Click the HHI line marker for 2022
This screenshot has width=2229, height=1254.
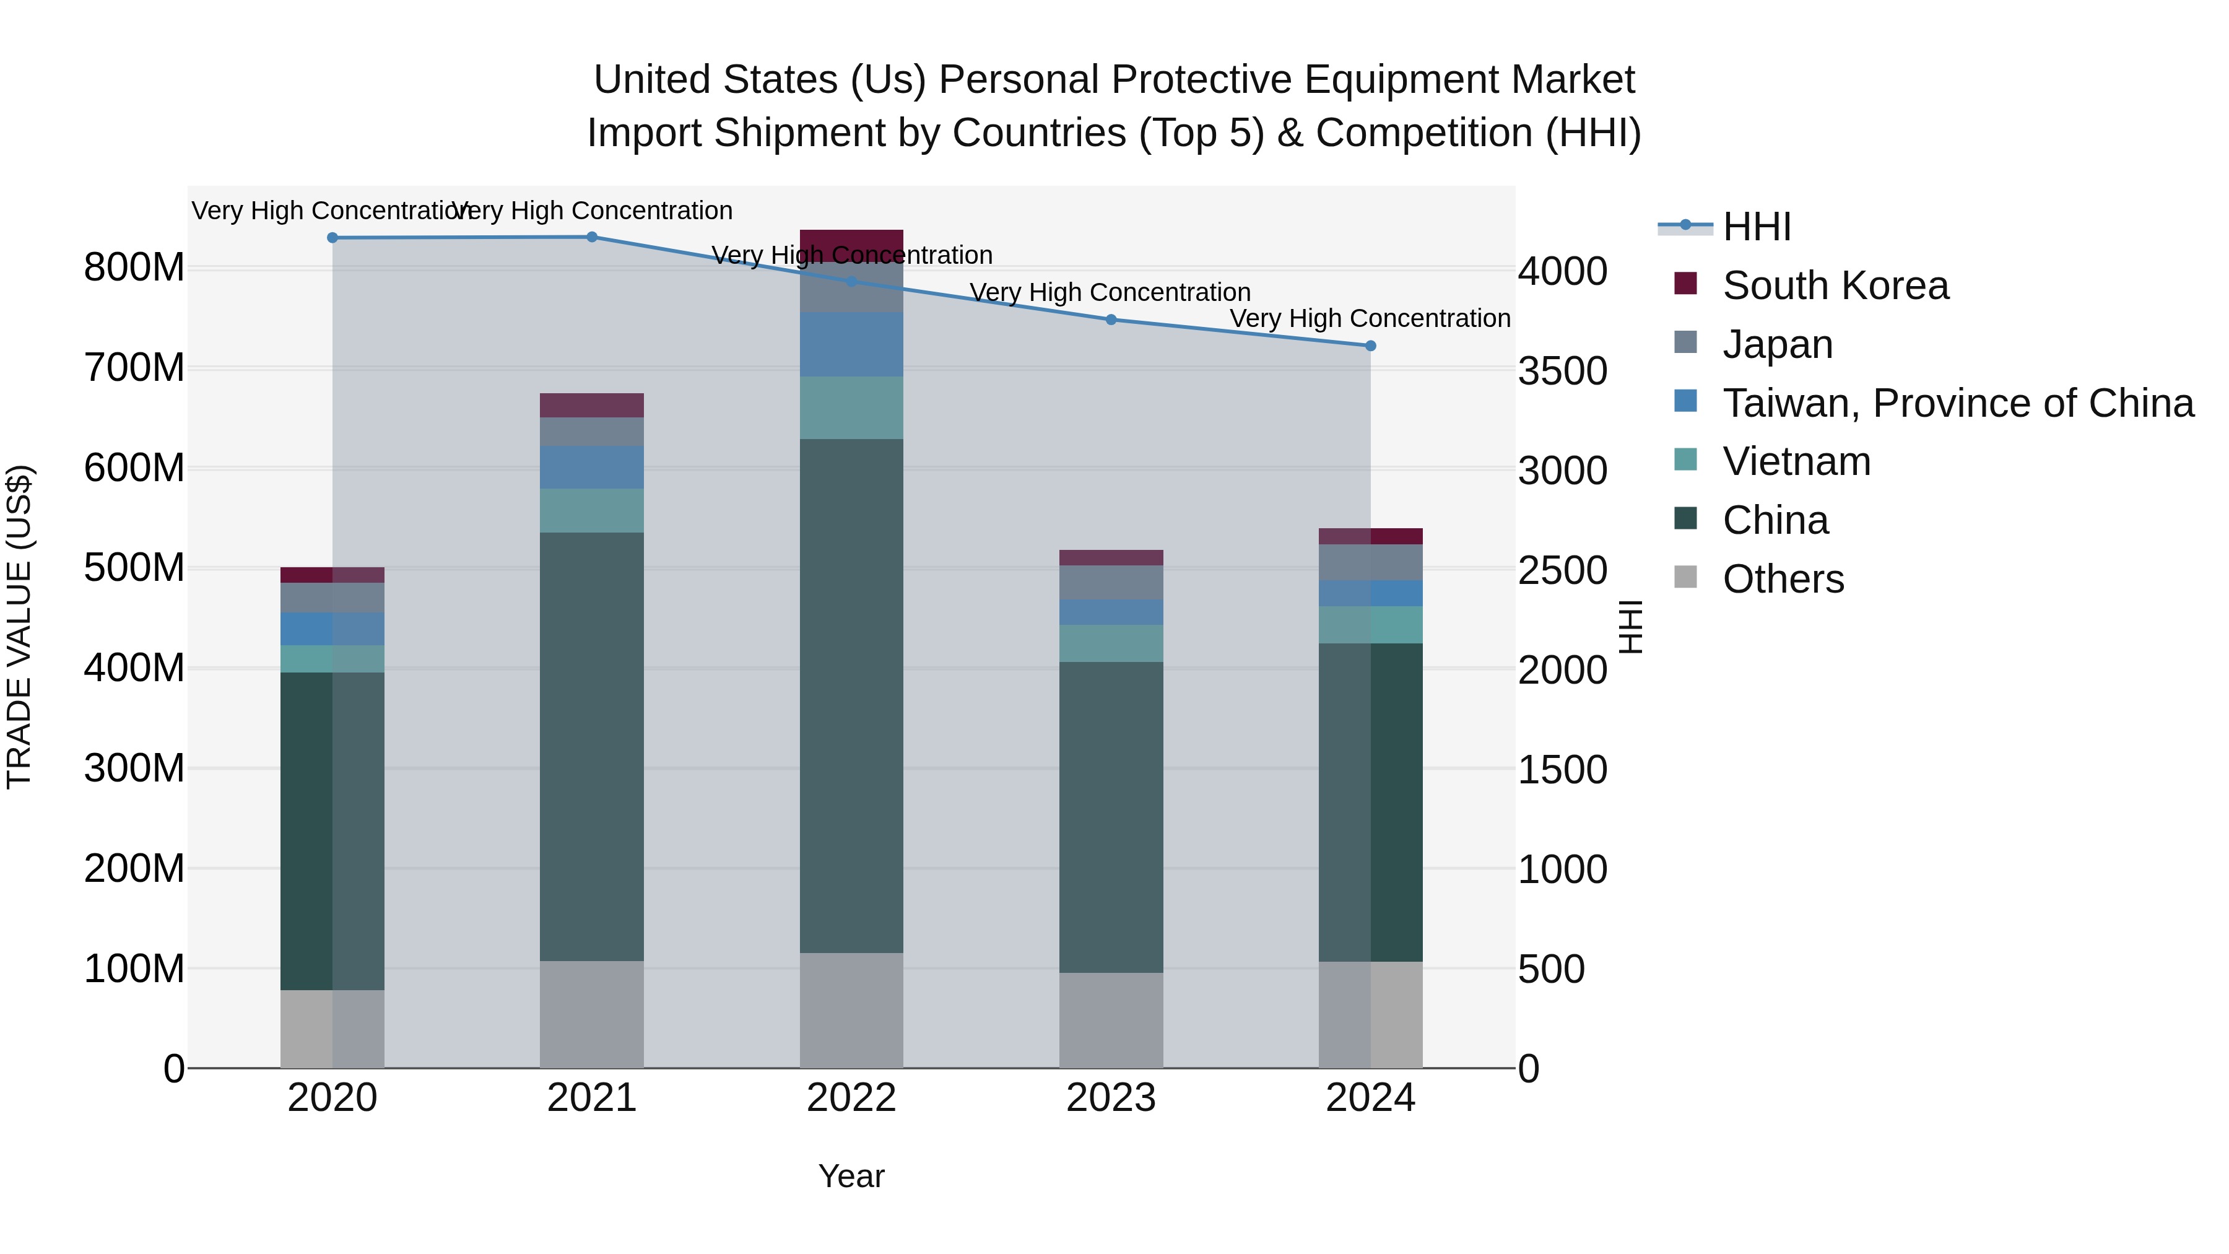851,281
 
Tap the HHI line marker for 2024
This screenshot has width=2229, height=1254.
1371,346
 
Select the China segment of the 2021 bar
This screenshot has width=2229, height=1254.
592,746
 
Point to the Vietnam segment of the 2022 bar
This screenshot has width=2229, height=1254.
851,407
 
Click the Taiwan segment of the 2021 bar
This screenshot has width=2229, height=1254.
592,468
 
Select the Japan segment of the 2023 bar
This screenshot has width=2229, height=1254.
1111,583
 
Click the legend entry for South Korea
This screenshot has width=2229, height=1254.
1835,285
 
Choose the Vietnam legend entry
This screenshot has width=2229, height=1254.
1796,461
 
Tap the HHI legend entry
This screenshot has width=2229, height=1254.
1756,227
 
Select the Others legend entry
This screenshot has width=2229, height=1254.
1783,579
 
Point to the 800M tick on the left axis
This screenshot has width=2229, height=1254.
134,268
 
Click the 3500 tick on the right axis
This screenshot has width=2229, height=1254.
1563,372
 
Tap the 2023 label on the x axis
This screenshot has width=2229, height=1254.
1111,1098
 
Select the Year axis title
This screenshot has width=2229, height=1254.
851,1176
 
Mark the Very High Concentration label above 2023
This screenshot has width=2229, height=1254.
1110,292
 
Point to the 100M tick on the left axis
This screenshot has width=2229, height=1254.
134,969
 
